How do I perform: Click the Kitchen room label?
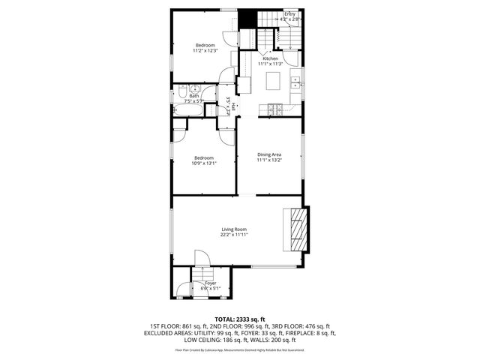click(x=269, y=58)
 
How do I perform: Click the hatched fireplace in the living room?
click(x=298, y=228)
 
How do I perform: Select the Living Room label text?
click(x=234, y=229)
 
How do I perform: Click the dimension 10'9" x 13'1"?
click(x=204, y=163)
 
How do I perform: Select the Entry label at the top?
click(x=289, y=13)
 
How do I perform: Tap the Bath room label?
click(x=194, y=96)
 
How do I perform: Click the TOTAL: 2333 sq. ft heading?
click(x=240, y=319)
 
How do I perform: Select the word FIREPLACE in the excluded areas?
click(x=298, y=333)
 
